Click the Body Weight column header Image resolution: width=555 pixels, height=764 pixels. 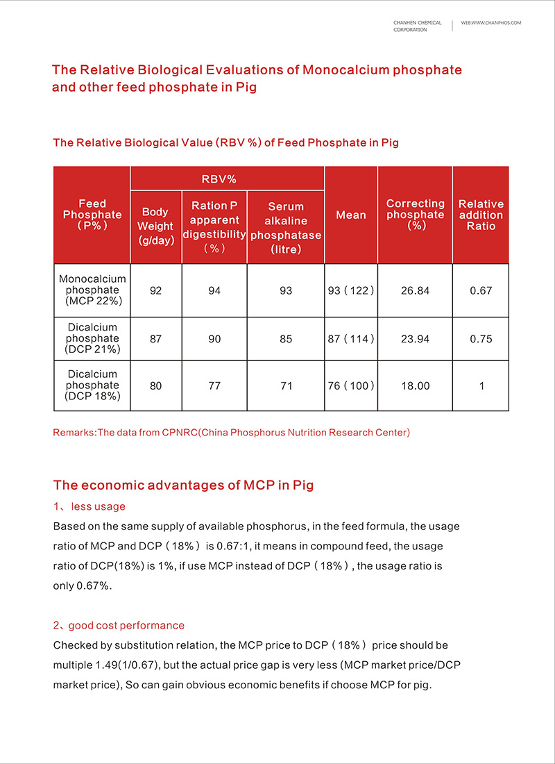[155, 226]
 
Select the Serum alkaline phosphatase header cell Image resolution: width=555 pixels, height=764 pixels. [286, 227]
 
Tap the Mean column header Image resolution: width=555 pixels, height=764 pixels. [351, 215]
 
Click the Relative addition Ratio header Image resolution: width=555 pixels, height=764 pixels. [481, 215]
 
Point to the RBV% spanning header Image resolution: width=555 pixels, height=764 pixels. [219, 179]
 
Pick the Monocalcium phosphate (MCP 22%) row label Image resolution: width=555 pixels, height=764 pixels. [92, 290]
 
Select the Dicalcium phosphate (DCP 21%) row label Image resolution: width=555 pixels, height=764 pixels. [92, 339]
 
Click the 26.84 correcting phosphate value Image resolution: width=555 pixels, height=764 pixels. [415, 290]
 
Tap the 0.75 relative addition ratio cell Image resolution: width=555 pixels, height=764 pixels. [481, 339]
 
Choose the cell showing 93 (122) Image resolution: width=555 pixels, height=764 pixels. [351, 290]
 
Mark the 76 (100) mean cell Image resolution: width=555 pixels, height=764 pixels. [351, 385]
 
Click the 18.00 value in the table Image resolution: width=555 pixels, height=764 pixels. [415, 385]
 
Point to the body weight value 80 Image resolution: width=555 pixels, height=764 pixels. [155, 385]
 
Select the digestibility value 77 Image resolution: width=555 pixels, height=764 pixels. [214, 385]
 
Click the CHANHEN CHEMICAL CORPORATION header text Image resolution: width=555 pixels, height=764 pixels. [417, 26]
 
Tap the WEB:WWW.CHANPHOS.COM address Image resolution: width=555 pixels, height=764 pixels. [490, 23]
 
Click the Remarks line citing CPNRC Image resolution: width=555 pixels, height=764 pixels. [232, 433]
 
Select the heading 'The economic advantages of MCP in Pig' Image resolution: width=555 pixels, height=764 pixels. [183, 485]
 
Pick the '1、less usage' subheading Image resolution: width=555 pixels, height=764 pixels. [89, 506]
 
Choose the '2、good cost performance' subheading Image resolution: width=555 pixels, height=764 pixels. [119, 626]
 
